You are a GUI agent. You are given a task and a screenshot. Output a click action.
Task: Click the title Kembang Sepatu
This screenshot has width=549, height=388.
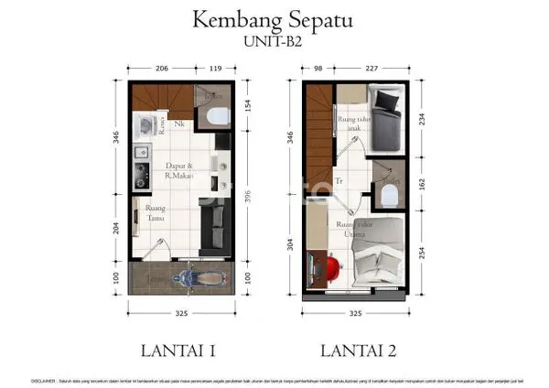coord(274,19)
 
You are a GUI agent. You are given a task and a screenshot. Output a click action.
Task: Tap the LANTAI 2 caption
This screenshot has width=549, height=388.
coord(358,348)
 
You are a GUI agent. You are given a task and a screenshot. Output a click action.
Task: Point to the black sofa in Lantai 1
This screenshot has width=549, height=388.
coord(212,225)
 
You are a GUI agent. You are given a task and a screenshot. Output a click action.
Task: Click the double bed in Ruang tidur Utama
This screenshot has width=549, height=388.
coord(378,261)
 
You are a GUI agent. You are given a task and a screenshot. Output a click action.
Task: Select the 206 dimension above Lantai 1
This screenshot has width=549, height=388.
coord(162,68)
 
